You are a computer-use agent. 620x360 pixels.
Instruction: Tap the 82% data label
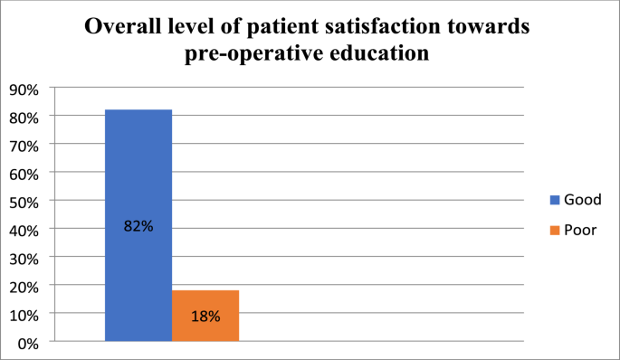point(138,226)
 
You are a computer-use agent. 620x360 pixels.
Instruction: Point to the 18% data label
point(205,317)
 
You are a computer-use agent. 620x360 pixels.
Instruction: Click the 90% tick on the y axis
point(24,89)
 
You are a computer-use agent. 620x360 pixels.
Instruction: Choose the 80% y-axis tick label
point(24,118)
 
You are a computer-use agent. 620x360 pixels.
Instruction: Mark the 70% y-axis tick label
point(24,145)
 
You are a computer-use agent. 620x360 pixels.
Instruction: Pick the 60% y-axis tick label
point(24,173)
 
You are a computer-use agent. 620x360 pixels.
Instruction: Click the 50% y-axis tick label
point(24,201)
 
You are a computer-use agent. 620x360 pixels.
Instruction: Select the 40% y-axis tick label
point(24,230)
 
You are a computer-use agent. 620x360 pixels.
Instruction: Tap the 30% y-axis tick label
point(24,258)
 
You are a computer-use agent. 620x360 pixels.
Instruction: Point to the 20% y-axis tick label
point(24,286)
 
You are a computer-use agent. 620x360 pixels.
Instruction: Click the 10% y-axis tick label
point(24,314)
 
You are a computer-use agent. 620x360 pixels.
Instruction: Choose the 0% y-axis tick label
point(28,343)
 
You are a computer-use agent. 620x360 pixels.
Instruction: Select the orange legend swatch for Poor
point(552,230)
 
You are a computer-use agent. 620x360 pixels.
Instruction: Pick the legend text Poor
point(580,230)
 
